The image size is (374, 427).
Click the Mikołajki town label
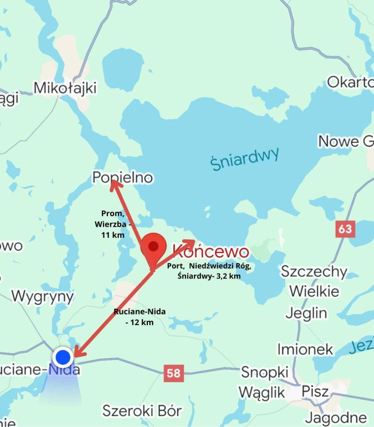coord(65,88)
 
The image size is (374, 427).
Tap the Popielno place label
coord(123,178)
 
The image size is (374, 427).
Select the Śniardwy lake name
coord(245,158)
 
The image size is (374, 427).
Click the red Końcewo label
coord(210,252)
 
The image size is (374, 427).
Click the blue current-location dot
coord(63,357)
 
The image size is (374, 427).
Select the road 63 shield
coord(345,229)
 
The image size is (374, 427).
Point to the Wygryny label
coord(43,296)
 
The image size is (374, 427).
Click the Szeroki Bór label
coord(142,411)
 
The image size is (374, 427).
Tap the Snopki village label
coord(265,372)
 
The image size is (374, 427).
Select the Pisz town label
coord(315,391)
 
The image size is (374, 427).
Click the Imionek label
coord(305,349)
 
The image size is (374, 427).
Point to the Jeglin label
coord(306,313)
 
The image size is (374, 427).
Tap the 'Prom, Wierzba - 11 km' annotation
coord(113,224)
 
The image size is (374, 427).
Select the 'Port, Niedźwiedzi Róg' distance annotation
coord(209,271)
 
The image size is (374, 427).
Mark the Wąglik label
coord(261,392)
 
